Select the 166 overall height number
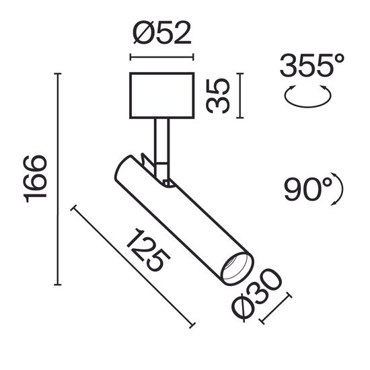click(35, 178)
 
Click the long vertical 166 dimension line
click(57, 178)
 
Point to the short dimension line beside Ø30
click(274, 308)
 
